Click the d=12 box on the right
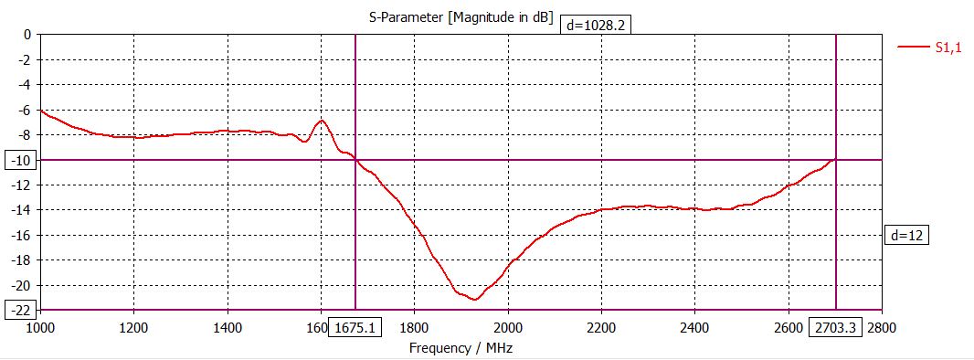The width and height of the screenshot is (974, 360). click(x=907, y=235)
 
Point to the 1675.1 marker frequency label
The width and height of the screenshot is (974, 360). click(x=355, y=327)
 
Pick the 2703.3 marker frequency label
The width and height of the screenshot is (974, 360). click(x=835, y=327)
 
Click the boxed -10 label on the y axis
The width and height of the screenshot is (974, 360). click(x=20, y=160)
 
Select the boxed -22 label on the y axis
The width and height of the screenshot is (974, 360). click(x=20, y=310)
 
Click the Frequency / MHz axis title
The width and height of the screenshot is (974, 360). click(x=454, y=348)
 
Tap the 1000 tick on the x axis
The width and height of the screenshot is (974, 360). click(x=40, y=327)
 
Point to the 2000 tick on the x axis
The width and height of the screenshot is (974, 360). click(x=508, y=327)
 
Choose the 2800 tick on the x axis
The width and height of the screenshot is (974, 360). click(x=882, y=327)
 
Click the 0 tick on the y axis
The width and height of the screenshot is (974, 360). click(x=27, y=35)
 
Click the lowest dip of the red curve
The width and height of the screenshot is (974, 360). click(x=474, y=299)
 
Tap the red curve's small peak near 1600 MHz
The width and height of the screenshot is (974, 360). click(x=322, y=121)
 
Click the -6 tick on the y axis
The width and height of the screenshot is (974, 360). click(x=24, y=110)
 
